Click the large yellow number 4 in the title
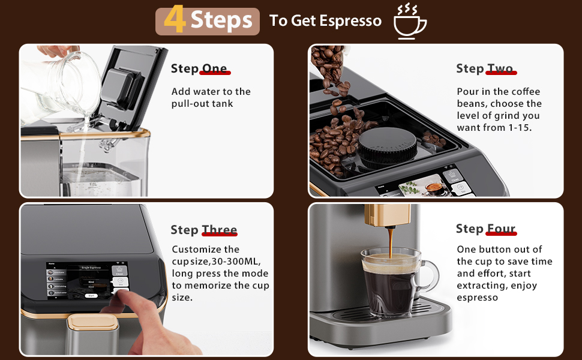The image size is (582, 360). click(x=175, y=20)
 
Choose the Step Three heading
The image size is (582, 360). click(x=203, y=230)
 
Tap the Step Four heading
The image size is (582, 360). click(x=485, y=229)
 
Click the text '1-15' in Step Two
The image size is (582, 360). click(x=519, y=128)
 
